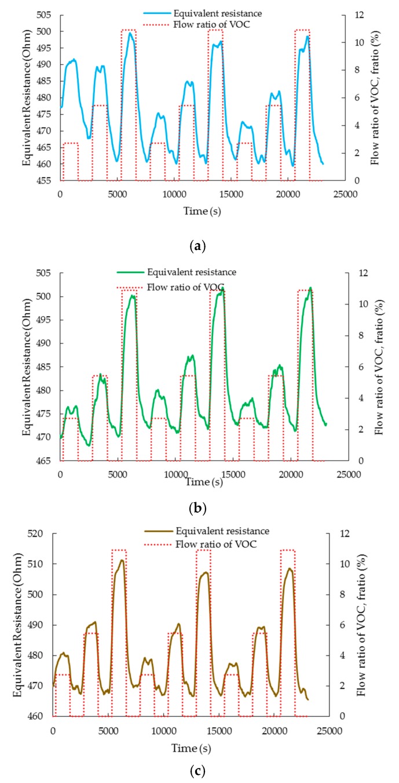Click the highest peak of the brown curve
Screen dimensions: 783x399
coord(122,560)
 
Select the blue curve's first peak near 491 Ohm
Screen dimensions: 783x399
coord(74,59)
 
